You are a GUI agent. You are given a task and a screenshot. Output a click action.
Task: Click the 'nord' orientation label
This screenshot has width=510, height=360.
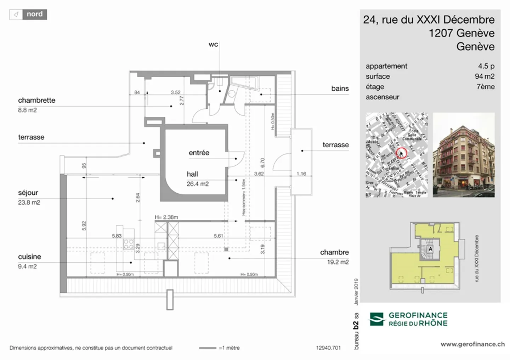click(x=34, y=14)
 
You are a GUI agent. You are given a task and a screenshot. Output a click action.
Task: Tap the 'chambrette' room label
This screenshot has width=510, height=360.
click(x=36, y=100)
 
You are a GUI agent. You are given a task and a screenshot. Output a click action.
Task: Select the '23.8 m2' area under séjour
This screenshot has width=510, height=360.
click(x=29, y=202)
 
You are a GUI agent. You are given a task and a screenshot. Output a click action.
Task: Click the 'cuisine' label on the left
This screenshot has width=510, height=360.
click(x=29, y=257)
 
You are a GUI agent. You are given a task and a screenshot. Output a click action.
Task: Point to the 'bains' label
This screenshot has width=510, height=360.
click(x=340, y=88)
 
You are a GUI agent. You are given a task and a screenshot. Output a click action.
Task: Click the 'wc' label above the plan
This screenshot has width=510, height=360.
click(x=213, y=44)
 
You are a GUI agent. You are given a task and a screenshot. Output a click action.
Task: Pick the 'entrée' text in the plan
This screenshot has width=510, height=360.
click(x=199, y=153)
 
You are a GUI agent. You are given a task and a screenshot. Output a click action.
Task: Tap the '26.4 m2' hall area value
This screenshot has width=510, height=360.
click(x=198, y=184)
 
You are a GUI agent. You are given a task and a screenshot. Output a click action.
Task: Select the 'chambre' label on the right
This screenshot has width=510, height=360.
click(x=334, y=252)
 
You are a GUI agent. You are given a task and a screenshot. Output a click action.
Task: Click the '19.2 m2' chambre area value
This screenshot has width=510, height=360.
click(x=338, y=262)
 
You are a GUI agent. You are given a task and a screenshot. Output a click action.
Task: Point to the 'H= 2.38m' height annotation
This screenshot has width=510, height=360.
click(x=166, y=217)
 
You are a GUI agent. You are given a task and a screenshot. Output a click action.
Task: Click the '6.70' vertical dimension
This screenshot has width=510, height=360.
click(x=262, y=163)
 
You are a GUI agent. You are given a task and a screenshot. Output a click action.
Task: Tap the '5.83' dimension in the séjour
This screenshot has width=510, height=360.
click(x=117, y=236)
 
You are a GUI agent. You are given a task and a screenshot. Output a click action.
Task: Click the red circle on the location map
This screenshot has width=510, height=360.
click(x=401, y=153)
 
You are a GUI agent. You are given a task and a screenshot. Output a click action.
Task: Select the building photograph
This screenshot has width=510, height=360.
click(x=463, y=155)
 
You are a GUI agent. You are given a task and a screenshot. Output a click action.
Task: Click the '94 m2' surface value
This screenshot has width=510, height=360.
click(x=484, y=76)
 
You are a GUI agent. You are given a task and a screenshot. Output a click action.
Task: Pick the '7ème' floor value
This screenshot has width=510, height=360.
click(x=485, y=87)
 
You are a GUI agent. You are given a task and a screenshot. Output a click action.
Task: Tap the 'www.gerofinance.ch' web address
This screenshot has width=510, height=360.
click(x=472, y=344)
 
